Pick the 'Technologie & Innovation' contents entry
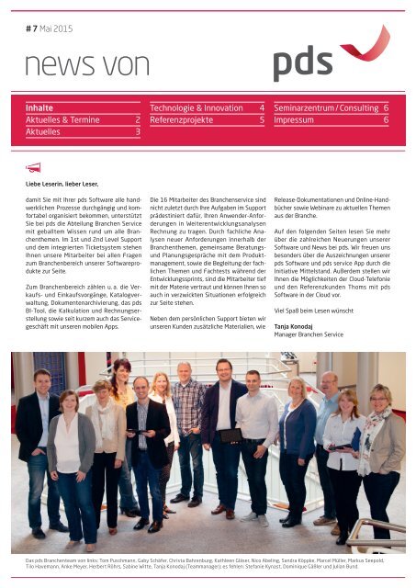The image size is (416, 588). click(198, 107)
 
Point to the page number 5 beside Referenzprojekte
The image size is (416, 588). click(262, 119)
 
